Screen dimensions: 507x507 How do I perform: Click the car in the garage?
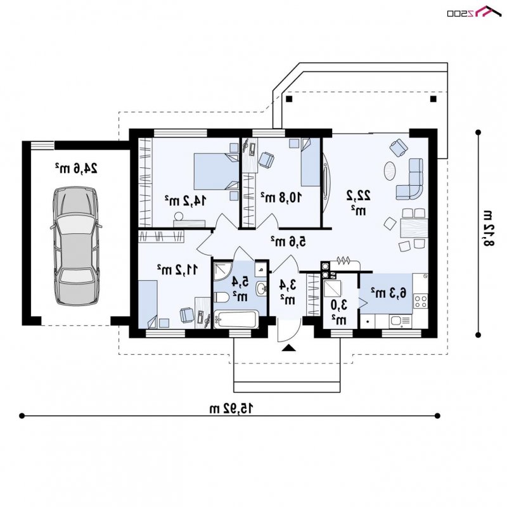76,246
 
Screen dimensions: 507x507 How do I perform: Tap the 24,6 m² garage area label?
76,168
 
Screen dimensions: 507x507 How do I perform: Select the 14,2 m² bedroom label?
185,200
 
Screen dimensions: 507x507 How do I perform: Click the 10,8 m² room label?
281,197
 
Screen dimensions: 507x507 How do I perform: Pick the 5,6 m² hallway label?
288,241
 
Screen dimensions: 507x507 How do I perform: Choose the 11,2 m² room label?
177,269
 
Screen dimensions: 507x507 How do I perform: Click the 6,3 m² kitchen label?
388,293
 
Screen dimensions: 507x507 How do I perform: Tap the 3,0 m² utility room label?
339,312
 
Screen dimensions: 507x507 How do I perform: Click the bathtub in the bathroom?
236,319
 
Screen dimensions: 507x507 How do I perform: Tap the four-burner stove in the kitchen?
421,301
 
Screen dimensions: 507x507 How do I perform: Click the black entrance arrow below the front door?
289,347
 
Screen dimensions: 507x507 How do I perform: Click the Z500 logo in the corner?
474,11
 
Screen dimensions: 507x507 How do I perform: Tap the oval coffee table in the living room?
390,171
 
